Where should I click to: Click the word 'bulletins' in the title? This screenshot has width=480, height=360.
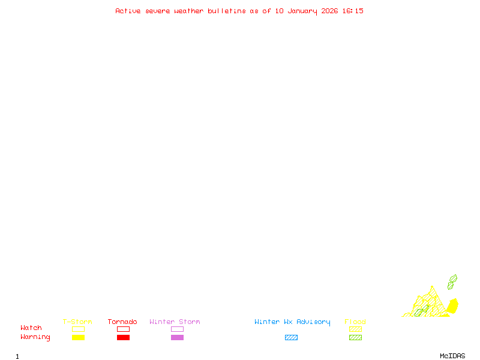[227, 11]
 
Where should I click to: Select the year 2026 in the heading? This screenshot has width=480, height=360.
[329, 11]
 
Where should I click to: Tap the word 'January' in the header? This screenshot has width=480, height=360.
[302, 11]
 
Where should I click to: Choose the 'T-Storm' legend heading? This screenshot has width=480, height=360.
[77, 322]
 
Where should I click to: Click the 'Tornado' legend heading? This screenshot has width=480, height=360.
[122, 322]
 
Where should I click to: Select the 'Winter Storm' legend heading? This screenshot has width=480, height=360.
[175, 322]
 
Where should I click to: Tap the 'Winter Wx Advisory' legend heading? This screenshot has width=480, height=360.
[292, 322]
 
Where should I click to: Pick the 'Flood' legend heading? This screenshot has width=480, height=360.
[355, 322]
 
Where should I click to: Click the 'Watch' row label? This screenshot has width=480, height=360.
[31, 328]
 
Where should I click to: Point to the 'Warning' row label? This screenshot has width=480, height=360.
[35, 337]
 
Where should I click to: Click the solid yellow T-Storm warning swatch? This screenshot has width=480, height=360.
[79, 337]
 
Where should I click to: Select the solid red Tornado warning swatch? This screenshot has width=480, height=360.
[124, 337]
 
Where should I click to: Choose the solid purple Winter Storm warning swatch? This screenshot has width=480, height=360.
[177, 337]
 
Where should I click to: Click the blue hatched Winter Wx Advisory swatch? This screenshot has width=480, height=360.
[291, 337]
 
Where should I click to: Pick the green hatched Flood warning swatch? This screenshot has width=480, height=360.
[355, 337]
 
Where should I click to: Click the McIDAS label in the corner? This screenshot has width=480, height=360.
[452, 356]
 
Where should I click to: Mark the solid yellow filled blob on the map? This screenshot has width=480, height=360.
[453, 306]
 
